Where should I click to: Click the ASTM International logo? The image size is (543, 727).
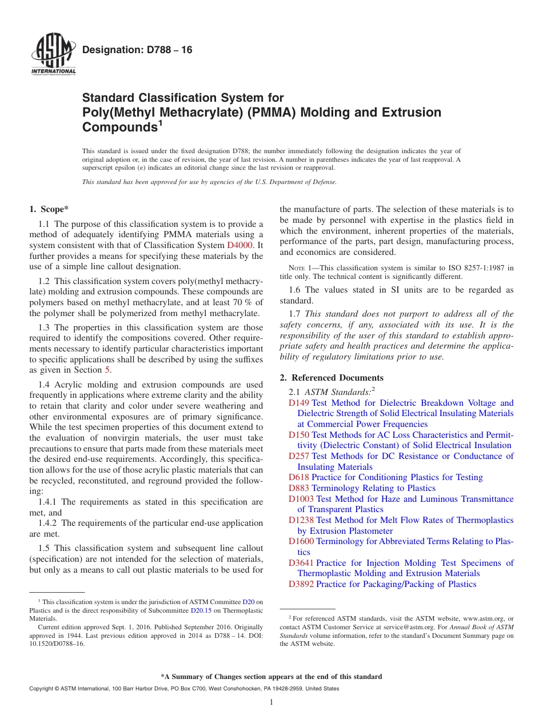click(x=53, y=54)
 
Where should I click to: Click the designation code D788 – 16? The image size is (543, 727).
click(x=137, y=50)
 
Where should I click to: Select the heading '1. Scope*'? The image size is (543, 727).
click(x=50, y=210)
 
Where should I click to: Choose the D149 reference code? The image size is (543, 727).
click(x=299, y=403)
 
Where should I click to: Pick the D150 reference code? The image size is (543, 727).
click(x=299, y=435)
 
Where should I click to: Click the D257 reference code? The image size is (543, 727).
click(x=299, y=456)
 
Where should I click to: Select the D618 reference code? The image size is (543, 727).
click(x=299, y=477)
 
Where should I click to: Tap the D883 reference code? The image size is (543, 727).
click(x=299, y=488)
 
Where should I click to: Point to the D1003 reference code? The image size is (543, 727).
click(x=301, y=499)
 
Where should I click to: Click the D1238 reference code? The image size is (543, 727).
click(x=301, y=520)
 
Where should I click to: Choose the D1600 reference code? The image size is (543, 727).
click(x=301, y=541)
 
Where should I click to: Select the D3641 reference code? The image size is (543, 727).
click(x=301, y=563)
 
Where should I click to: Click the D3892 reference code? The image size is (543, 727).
click(x=301, y=584)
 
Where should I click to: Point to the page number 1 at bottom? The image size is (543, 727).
click(x=271, y=702)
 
